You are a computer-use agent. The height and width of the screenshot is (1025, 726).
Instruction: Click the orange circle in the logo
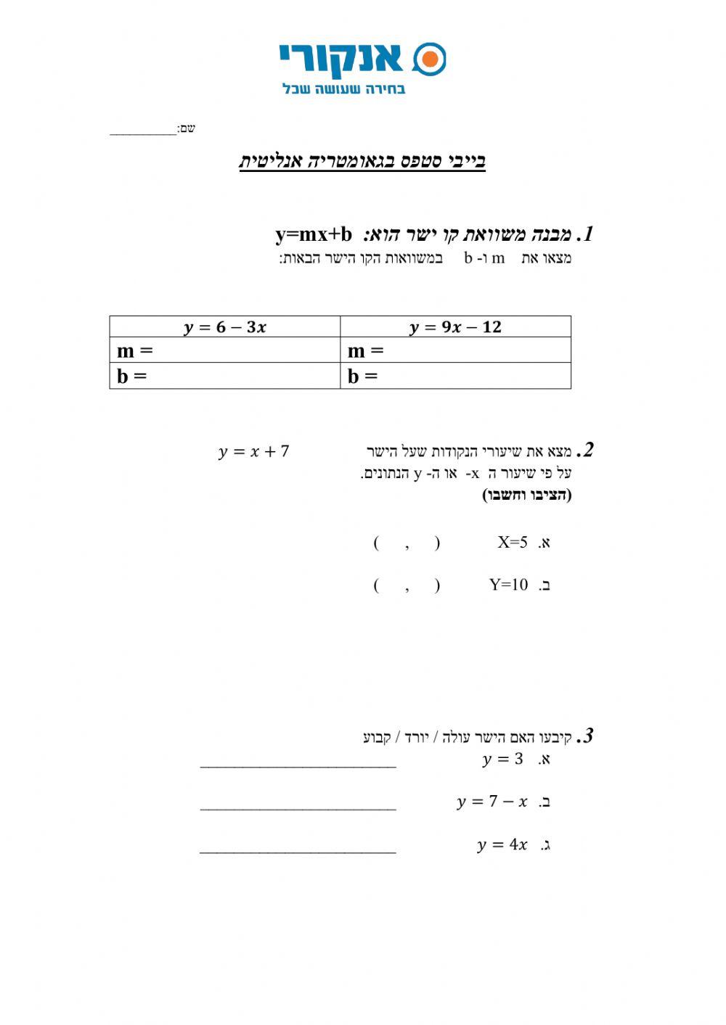click(430, 59)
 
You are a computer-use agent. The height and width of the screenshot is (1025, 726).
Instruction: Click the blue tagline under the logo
click(343, 88)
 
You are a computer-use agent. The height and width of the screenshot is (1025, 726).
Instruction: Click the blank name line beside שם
click(143, 131)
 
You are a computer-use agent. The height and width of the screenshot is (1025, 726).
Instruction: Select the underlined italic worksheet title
click(362, 161)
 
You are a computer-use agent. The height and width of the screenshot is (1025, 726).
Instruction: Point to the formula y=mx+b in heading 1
click(314, 235)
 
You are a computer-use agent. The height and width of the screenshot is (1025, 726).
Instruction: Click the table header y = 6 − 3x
click(225, 327)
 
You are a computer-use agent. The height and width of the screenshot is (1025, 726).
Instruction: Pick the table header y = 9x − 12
click(455, 327)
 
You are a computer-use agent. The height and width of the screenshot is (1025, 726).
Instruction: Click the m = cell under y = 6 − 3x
click(225, 351)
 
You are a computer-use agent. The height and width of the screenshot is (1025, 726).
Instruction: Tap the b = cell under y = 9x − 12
click(455, 376)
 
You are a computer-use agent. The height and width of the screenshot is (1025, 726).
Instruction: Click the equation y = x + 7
click(253, 452)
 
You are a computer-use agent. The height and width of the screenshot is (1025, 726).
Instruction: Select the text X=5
click(513, 542)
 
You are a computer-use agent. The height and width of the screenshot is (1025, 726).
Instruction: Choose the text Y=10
click(508, 585)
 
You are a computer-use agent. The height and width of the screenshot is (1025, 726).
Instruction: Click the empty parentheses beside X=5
click(407, 543)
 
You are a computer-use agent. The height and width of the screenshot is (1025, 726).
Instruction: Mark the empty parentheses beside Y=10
click(407, 585)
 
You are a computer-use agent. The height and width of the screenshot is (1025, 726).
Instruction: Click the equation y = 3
click(502, 760)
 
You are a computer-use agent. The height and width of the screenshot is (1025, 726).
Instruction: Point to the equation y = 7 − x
click(492, 802)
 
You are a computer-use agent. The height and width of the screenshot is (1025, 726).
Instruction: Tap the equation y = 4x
click(502, 844)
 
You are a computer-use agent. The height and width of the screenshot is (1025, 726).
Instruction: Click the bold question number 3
click(586, 736)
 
